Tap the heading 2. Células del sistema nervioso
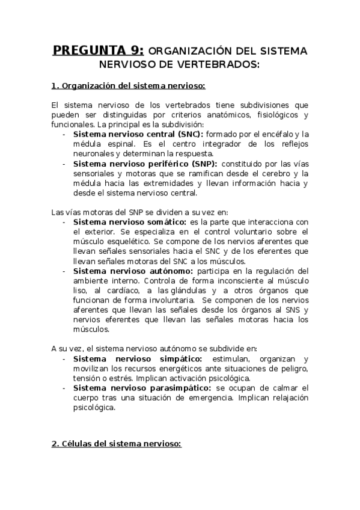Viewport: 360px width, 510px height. point(117,444)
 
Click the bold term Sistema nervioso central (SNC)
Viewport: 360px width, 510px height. point(138,134)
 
